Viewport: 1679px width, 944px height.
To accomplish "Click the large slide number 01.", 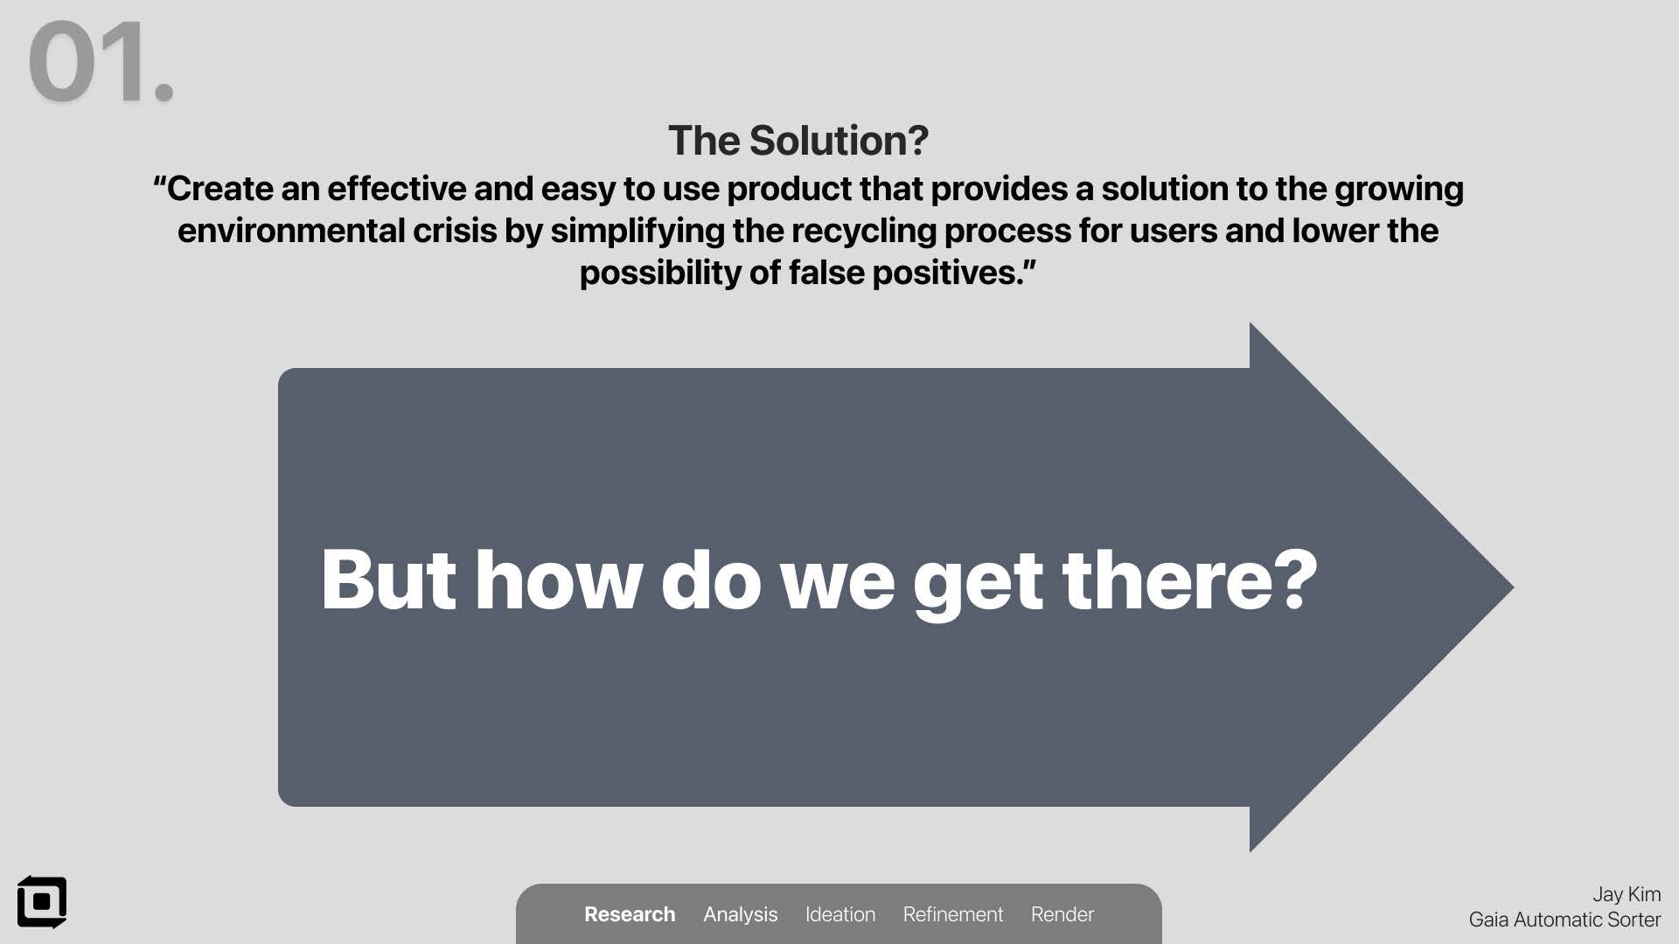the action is point(101,62).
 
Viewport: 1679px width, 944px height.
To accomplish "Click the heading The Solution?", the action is point(798,141).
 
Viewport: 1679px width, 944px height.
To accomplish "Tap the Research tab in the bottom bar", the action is point(630,914).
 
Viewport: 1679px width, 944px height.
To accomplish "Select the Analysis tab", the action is point(740,914).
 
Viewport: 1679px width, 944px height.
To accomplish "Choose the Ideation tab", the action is point(840,914).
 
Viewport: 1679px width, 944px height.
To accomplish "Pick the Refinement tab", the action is point(953,914).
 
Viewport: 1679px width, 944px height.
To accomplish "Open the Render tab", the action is point(1062,914).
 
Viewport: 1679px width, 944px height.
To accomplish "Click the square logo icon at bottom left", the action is point(42,902).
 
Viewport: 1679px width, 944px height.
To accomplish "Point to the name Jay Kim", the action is point(1627,894).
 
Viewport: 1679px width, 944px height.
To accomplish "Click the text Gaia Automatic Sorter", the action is point(1564,920).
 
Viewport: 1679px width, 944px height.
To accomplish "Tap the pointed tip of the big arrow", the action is point(1513,587).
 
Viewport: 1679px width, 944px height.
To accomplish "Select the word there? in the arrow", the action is point(1190,580).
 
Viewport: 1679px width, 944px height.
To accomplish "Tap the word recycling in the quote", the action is point(863,232).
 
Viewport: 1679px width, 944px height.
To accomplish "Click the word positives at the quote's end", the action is point(947,274).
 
